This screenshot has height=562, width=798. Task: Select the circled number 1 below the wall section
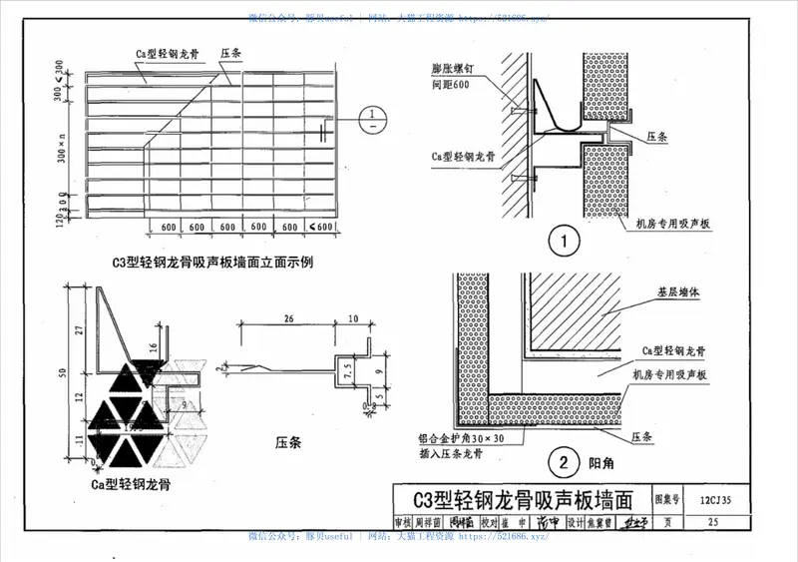(566, 242)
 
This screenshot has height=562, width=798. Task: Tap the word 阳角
(598, 463)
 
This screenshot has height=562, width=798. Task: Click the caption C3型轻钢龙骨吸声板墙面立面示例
(213, 263)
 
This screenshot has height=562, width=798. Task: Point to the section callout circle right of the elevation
(371, 120)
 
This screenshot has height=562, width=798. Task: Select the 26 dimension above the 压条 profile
(289, 320)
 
